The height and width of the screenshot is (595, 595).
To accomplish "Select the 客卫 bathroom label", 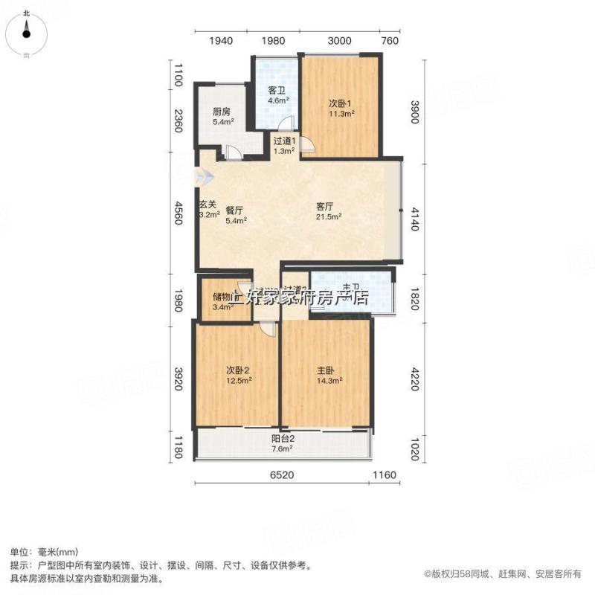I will point(277,91).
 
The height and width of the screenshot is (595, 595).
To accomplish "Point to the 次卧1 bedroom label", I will point(341,103).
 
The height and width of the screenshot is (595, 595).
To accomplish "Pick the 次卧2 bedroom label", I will point(238,370).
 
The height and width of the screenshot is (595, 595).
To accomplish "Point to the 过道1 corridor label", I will point(284,140).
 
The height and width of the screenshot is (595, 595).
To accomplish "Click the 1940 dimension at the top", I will point(222,41).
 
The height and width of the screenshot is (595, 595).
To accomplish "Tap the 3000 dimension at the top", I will point(340,41).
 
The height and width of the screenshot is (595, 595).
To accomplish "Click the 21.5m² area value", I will point(328,217).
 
